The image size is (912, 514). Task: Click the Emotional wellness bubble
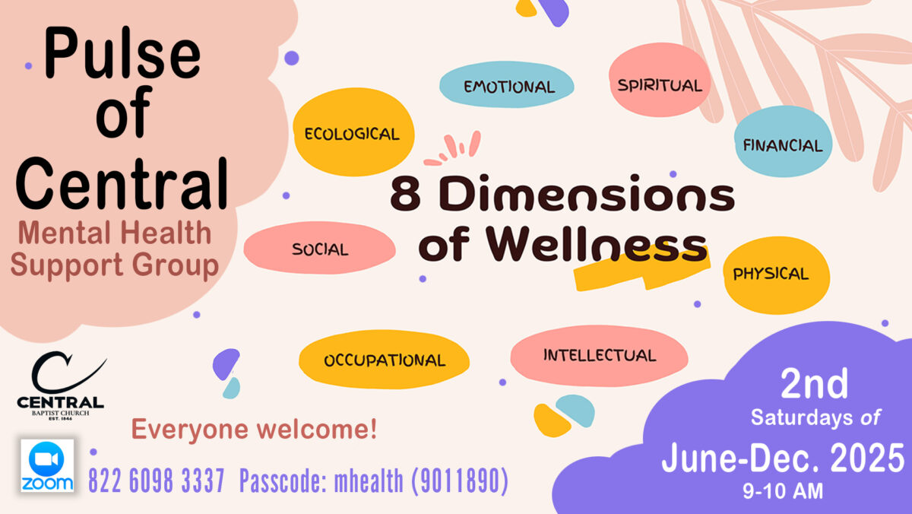point(506,84)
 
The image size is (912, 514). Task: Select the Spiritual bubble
point(660,80)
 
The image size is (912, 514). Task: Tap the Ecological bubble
point(353,132)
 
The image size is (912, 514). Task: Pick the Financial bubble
point(783,141)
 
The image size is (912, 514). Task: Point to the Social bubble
point(320,248)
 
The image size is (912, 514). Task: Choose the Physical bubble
point(777,275)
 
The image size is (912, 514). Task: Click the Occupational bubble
point(384,359)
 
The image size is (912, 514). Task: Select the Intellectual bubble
point(600,356)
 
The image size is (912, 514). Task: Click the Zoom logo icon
point(47,465)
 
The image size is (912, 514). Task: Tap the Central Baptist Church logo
point(61,385)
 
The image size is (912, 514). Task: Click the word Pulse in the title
point(122,53)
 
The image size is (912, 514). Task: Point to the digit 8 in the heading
point(406,194)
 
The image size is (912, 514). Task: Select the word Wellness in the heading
point(597,243)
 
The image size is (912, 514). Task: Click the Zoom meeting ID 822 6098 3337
point(157,481)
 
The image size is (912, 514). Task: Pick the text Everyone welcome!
point(254,430)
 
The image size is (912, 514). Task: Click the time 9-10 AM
point(783,490)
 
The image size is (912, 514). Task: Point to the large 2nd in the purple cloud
point(814,383)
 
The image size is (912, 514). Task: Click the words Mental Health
point(115,233)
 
